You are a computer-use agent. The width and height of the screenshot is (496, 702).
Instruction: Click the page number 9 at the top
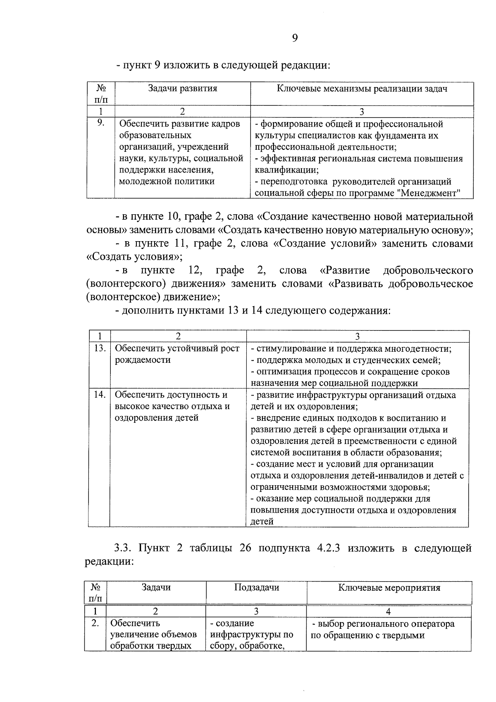(294, 38)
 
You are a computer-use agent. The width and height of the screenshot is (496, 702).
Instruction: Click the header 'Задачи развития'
(183, 89)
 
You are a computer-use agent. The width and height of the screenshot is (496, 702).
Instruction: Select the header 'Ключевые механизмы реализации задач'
(362, 89)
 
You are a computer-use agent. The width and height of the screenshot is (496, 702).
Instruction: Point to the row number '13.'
(99, 348)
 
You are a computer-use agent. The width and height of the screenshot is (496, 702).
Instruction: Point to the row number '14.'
(99, 395)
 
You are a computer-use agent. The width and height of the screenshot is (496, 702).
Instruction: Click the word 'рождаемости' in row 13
(137, 360)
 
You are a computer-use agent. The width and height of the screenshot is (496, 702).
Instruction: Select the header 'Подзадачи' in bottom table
(256, 587)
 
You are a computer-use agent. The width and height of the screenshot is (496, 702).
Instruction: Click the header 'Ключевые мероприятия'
(389, 587)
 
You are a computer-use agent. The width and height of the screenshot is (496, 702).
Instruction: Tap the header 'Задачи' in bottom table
(156, 587)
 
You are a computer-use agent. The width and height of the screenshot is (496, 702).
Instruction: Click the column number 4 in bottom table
(388, 611)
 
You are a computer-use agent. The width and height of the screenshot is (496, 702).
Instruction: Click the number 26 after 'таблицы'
(246, 548)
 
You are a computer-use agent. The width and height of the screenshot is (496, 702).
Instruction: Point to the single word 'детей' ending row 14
(262, 522)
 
